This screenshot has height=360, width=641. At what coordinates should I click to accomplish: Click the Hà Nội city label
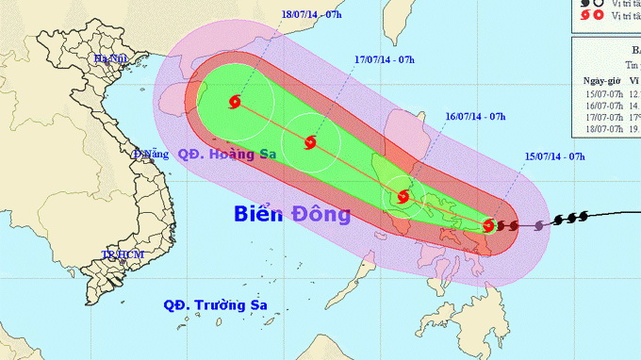click(x=109, y=58)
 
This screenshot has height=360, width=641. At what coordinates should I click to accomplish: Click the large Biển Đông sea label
click(x=292, y=215)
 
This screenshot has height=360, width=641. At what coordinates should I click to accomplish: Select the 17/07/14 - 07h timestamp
click(x=386, y=59)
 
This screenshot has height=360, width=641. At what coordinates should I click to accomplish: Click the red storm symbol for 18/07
click(x=235, y=102)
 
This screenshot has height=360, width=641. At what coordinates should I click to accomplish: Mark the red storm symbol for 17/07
click(x=310, y=143)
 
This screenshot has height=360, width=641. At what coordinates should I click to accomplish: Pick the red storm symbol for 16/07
click(x=403, y=197)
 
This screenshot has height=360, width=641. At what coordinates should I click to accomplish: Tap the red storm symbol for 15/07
click(x=488, y=225)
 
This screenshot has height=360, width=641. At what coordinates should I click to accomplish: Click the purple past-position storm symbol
click(x=539, y=226)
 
